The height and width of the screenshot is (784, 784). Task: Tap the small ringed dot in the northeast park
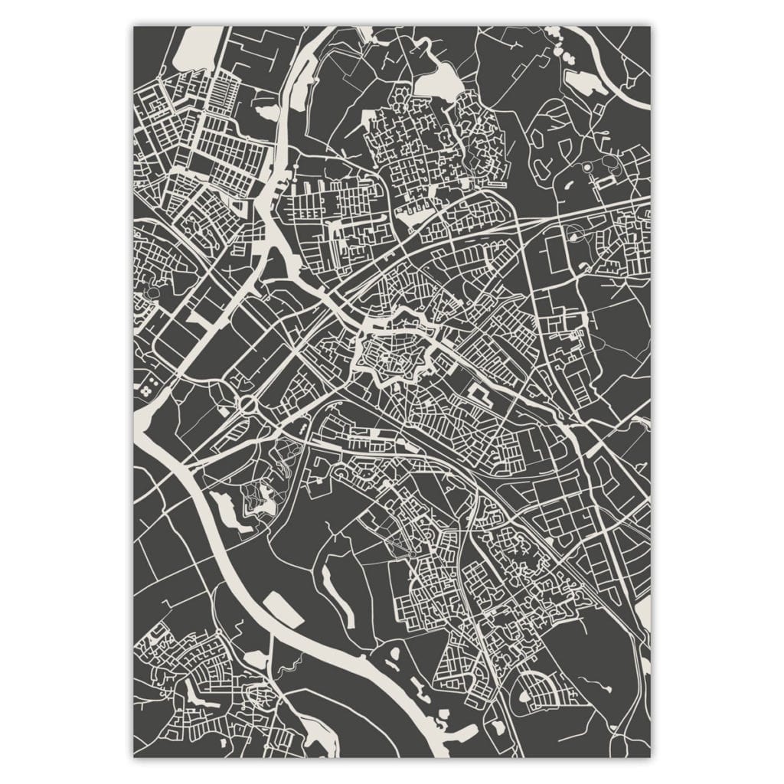pyautogui.click(x=587, y=166)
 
